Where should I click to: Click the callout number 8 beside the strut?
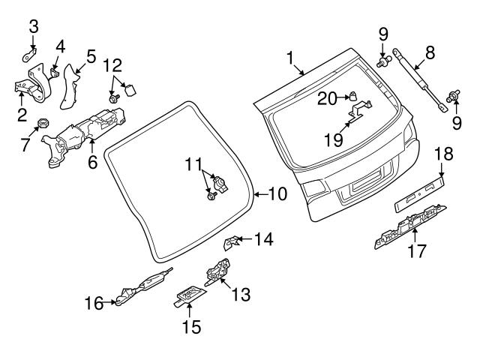pyautogui.click(x=430, y=52)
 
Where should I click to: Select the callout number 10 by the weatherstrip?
pyautogui.click(x=277, y=194)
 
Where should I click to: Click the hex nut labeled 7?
pyautogui.click(x=42, y=122)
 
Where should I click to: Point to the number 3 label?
pyautogui.click(x=33, y=27)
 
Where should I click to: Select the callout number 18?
pyautogui.click(x=443, y=154)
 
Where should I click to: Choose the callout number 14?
pyautogui.click(x=263, y=240)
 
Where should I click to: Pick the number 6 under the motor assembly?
pyautogui.click(x=93, y=160)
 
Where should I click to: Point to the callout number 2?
pyautogui.click(x=21, y=115)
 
